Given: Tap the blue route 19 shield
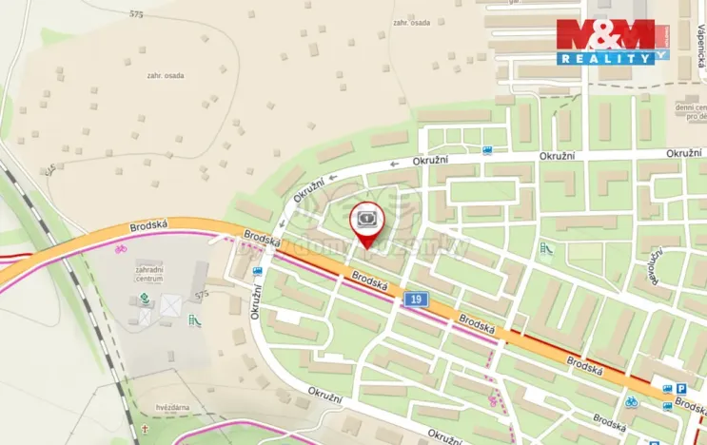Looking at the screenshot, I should coord(415,300).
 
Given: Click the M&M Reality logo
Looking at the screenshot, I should coord(613,41).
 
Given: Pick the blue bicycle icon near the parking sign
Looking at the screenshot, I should coord(631,400).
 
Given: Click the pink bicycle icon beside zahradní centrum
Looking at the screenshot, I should coord(120,250).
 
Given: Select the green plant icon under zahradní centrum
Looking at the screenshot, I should coord(145,299).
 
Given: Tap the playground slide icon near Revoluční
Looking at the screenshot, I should coord(546,249).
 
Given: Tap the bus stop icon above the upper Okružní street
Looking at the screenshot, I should coord(488,149).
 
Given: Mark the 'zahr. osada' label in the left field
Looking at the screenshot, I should coord(167,75).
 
